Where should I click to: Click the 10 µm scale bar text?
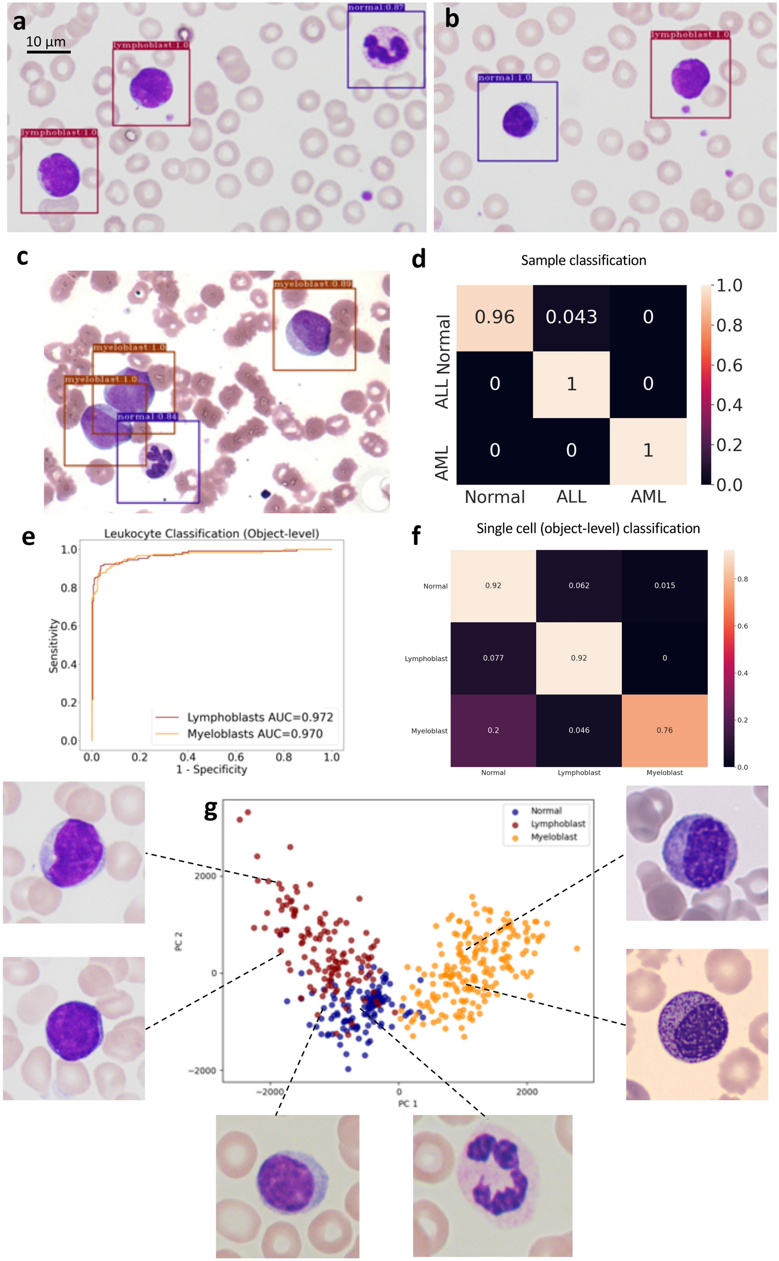point(46,42)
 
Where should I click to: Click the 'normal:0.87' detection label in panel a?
point(376,7)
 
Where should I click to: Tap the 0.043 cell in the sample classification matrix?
point(571,317)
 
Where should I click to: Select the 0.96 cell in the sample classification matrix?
point(494,317)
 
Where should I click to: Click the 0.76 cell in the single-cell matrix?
point(664,730)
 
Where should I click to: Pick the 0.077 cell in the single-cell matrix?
point(493,658)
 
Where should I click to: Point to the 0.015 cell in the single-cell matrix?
point(664,585)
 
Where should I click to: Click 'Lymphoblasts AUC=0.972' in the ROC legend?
point(260,717)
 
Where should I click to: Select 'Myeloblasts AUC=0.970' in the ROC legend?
point(255,734)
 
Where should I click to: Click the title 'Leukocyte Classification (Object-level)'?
point(211,534)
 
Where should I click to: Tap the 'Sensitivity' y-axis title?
point(53,645)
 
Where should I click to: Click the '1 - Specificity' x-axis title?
point(212,770)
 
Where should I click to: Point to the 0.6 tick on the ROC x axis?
point(236,757)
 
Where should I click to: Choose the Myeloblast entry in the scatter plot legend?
point(554,837)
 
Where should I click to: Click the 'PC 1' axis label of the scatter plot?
point(408,1103)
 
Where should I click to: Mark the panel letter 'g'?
point(211,809)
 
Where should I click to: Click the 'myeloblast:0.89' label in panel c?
point(313,284)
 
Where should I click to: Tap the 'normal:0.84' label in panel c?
point(147,417)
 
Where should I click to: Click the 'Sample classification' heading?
point(583,261)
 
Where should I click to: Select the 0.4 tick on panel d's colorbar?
point(729,405)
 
